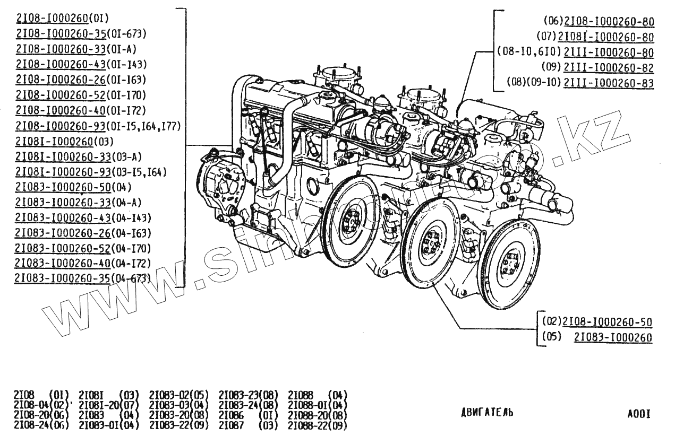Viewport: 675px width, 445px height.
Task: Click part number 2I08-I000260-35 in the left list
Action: [61, 34]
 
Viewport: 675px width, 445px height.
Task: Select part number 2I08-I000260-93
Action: [61, 126]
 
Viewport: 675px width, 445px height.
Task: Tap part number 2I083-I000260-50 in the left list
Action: [63, 187]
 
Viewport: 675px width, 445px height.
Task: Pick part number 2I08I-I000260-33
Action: [63, 156]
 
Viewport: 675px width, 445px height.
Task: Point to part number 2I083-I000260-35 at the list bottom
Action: [63, 278]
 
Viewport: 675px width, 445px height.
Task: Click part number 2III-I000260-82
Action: [609, 68]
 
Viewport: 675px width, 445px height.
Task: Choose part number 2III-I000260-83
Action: [609, 83]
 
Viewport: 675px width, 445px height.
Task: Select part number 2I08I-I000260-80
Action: [606, 37]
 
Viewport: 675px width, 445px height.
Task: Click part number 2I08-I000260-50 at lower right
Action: [607, 322]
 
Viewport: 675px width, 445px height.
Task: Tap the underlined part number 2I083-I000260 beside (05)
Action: [613, 337]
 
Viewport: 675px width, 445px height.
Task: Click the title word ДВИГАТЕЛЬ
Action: [487, 413]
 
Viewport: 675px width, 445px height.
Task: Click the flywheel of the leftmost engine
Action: [351, 218]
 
